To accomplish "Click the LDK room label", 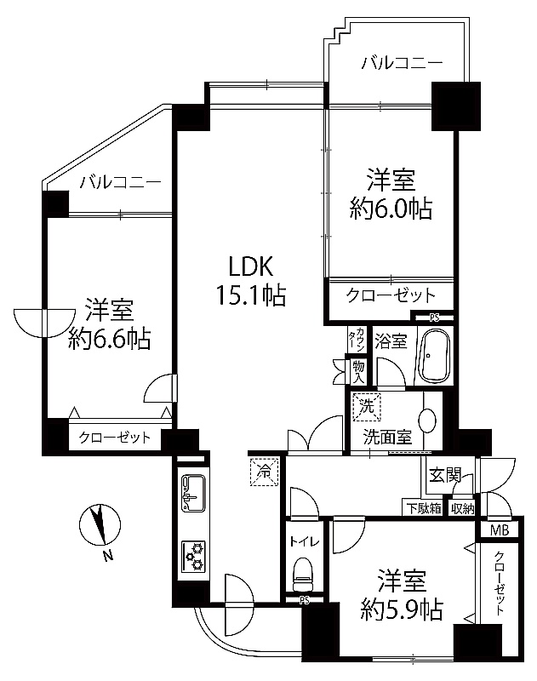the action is click(x=251, y=266).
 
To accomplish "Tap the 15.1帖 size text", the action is click(x=251, y=295).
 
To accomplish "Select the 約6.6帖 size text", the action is click(x=110, y=339).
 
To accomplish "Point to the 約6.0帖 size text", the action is click(x=391, y=209).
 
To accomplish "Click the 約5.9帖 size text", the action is click(x=402, y=609).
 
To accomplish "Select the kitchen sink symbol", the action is click(x=193, y=493).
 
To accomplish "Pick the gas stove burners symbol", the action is click(x=193, y=556).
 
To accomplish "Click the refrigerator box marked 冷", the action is click(x=264, y=472).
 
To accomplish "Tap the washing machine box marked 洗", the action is click(x=367, y=407).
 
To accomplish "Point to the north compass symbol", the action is click(x=100, y=524).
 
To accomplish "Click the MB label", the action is click(x=500, y=529).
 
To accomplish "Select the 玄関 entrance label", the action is click(x=445, y=476).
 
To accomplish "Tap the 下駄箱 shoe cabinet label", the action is click(x=424, y=507).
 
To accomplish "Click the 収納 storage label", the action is click(x=462, y=507).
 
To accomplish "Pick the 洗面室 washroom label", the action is click(x=387, y=437).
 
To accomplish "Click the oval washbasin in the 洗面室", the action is click(x=427, y=421).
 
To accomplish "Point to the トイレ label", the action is click(x=305, y=541).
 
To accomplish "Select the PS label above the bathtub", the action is click(x=434, y=318).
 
